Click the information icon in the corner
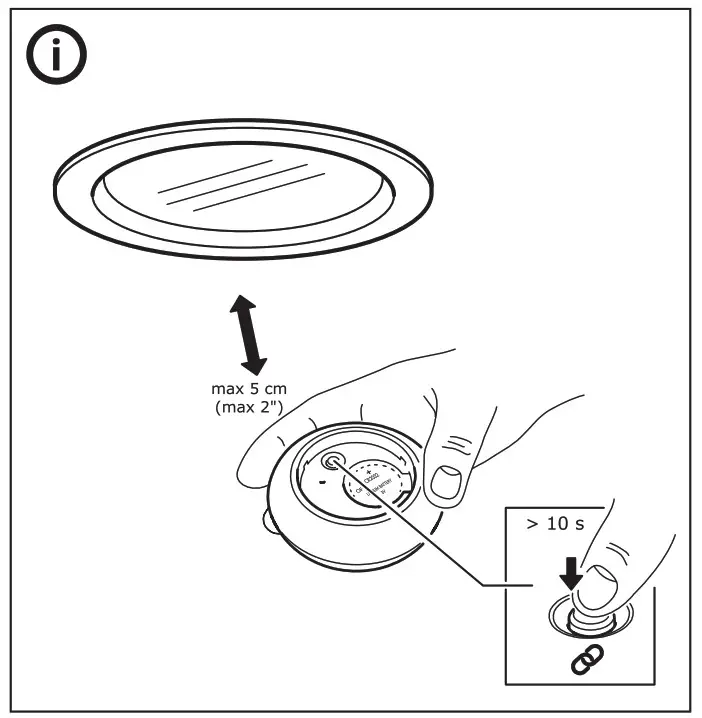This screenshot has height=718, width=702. [x=55, y=58]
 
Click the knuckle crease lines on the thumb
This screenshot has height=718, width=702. [x=458, y=444]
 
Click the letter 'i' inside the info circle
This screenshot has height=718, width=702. [x=55, y=58]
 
